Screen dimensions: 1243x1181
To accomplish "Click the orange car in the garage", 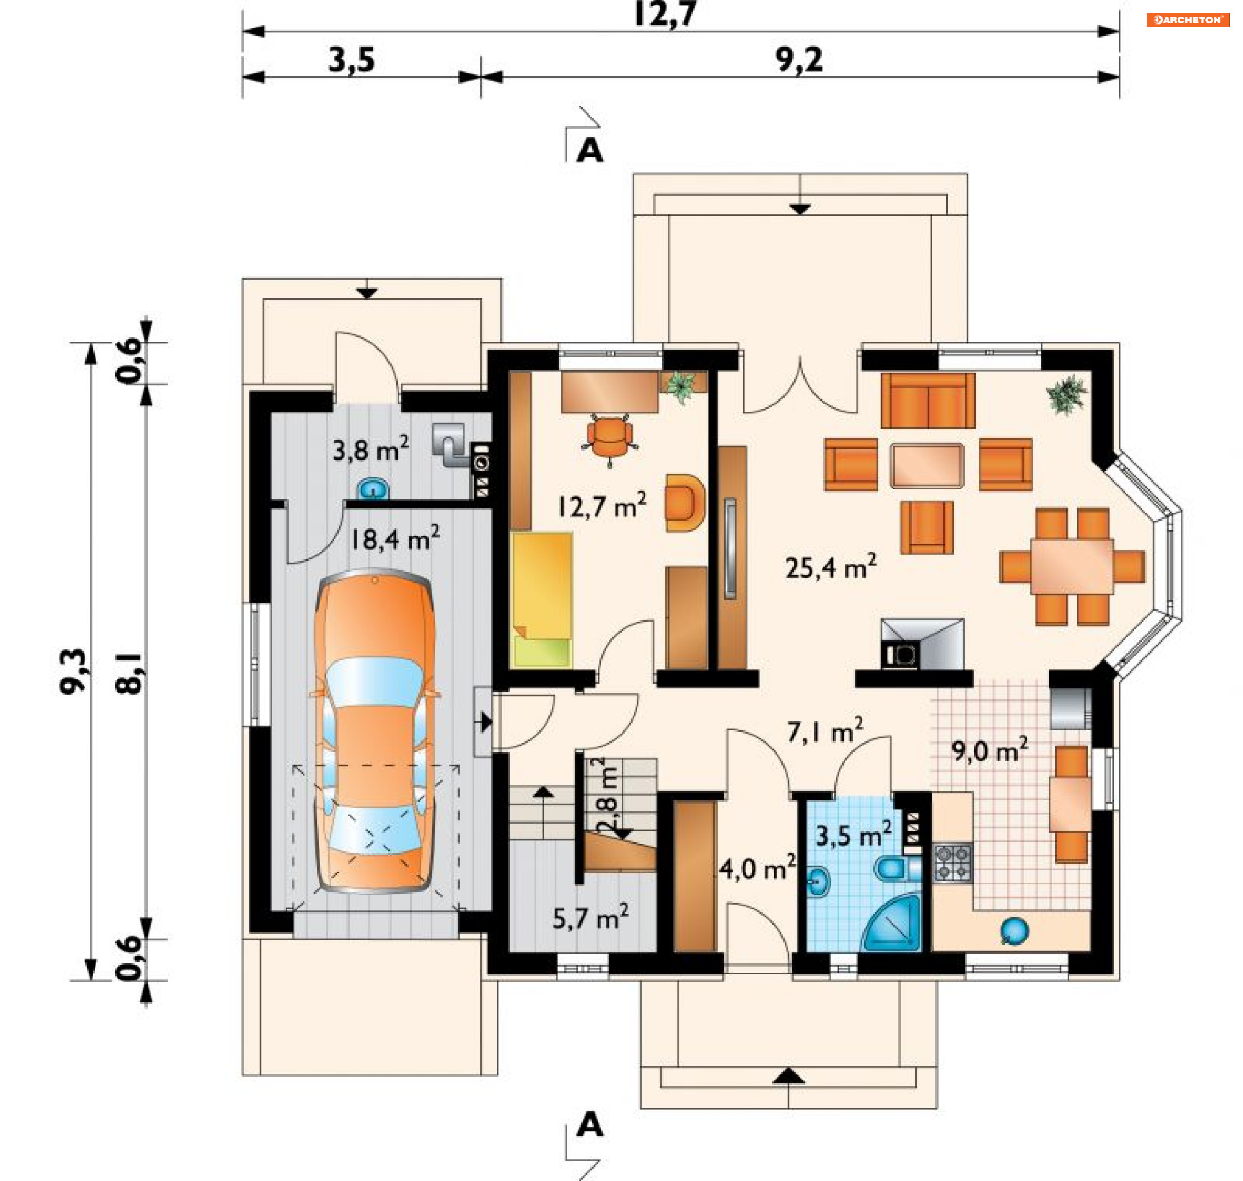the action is click(x=375, y=731).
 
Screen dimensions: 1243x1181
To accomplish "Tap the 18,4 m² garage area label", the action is click(x=395, y=538).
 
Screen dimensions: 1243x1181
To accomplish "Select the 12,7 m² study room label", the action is click(x=602, y=505).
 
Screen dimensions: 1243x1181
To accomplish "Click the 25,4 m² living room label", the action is click(x=831, y=567).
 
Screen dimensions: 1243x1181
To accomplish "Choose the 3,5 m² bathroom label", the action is click(x=854, y=834).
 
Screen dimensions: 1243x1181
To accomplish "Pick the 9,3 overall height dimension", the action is click(x=73, y=671).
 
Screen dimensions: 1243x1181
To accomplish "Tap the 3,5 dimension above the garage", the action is click(x=351, y=60).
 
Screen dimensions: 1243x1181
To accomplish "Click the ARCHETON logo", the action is click(x=1188, y=19).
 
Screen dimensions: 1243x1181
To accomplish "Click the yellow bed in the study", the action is click(x=543, y=599).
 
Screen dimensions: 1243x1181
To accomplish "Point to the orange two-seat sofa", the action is click(x=928, y=400).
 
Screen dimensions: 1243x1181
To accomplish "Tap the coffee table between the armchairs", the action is click(x=927, y=466).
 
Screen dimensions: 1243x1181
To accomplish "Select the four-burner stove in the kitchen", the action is click(x=953, y=862).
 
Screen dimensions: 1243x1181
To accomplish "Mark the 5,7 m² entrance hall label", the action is click(x=590, y=917).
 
